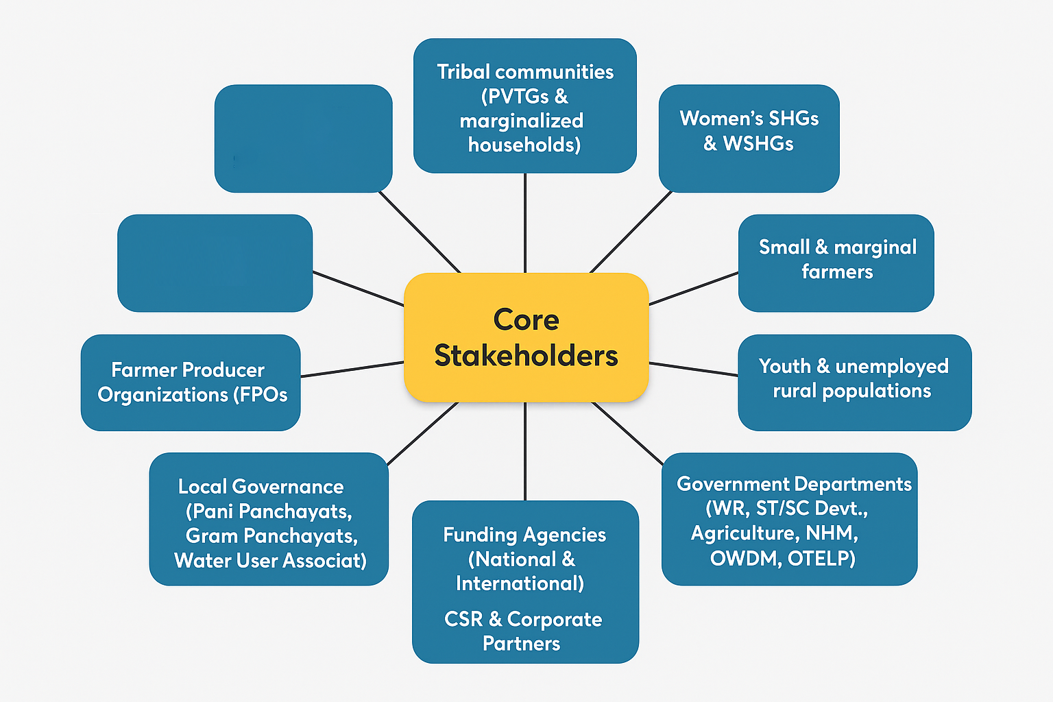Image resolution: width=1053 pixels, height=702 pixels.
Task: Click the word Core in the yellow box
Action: click(x=526, y=320)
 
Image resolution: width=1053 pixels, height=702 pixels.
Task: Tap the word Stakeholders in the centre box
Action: click(x=526, y=356)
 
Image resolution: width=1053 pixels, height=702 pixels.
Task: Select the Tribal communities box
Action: click(x=524, y=106)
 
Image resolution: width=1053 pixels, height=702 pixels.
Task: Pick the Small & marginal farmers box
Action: click(x=836, y=263)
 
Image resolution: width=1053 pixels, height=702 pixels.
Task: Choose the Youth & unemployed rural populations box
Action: click(x=854, y=382)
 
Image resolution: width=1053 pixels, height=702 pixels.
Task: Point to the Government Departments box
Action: click(x=789, y=519)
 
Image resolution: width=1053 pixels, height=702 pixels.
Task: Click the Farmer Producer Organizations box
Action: click(x=191, y=383)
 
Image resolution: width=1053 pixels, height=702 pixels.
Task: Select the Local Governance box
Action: click(x=269, y=519)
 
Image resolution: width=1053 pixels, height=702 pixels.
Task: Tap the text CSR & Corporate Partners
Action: click(x=522, y=631)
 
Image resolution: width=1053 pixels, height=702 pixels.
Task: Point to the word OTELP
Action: click(x=821, y=558)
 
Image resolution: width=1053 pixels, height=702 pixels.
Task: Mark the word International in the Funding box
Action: click(x=520, y=583)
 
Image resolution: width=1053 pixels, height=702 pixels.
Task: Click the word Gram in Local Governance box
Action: click(x=212, y=535)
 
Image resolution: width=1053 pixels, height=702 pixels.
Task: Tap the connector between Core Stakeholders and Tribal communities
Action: click(x=525, y=223)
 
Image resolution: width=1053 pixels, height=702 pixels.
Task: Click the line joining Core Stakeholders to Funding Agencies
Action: click(x=525, y=451)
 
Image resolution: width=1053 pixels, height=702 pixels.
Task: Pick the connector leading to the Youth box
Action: click(x=693, y=369)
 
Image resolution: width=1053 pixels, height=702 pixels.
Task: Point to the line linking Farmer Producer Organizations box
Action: click(x=352, y=370)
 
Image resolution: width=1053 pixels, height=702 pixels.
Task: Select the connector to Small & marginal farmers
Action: click(x=693, y=289)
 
